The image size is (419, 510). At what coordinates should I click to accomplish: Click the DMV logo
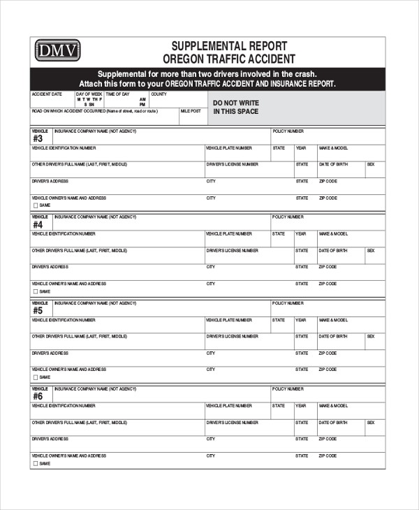[x=58, y=50]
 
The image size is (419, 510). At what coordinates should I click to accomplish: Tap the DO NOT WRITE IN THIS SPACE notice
[x=236, y=107]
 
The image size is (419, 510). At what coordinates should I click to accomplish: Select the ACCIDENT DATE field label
[x=46, y=94]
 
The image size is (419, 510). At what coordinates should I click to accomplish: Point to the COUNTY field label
[x=159, y=94]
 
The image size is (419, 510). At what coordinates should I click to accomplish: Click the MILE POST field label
[x=191, y=110]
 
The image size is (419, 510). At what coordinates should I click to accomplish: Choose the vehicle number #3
[x=38, y=138]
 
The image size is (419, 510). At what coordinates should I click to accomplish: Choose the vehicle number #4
[x=38, y=225]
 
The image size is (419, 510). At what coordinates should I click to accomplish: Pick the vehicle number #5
[x=38, y=311]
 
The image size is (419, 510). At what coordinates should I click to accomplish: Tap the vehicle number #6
[x=38, y=396]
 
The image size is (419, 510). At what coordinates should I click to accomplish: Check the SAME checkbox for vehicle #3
[x=35, y=205]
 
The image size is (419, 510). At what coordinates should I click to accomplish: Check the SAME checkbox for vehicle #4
[x=35, y=291]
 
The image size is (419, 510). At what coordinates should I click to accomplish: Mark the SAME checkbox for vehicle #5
[x=35, y=377]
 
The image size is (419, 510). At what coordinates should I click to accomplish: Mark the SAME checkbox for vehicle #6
[x=35, y=463]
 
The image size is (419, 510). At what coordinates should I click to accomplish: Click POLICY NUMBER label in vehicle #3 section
[x=288, y=131]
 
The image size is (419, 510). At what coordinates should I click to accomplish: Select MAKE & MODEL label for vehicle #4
[x=333, y=234]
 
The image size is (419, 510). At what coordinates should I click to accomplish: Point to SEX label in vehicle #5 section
[x=371, y=336]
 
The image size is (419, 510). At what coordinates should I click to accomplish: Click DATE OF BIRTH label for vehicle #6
[x=333, y=422]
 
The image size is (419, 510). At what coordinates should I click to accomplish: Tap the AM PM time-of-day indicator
[x=142, y=101]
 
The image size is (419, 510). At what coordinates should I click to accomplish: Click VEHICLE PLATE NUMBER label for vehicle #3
[x=229, y=148]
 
